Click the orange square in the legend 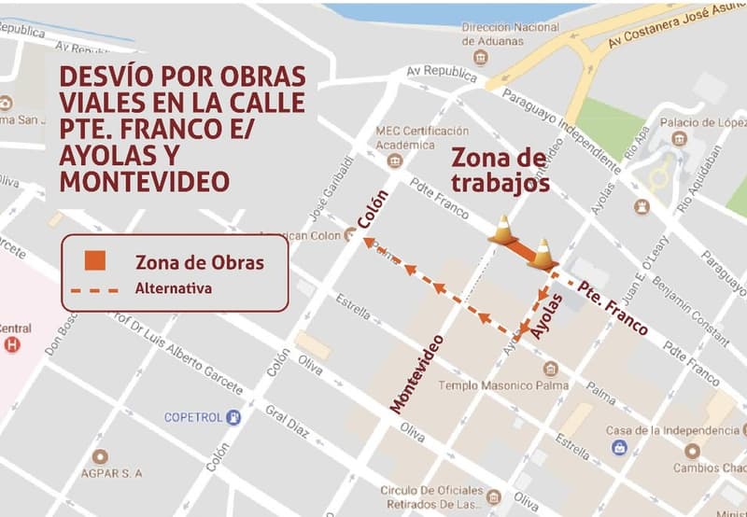tap(95, 261)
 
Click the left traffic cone tap(502, 230)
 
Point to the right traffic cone tap(542, 253)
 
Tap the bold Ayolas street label tap(548, 315)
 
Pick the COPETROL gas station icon tap(233, 417)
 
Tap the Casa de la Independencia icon tap(619, 447)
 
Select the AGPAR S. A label tap(111, 473)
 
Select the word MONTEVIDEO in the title tap(144, 180)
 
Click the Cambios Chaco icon tap(692, 452)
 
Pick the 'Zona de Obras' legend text tap(200, 262)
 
